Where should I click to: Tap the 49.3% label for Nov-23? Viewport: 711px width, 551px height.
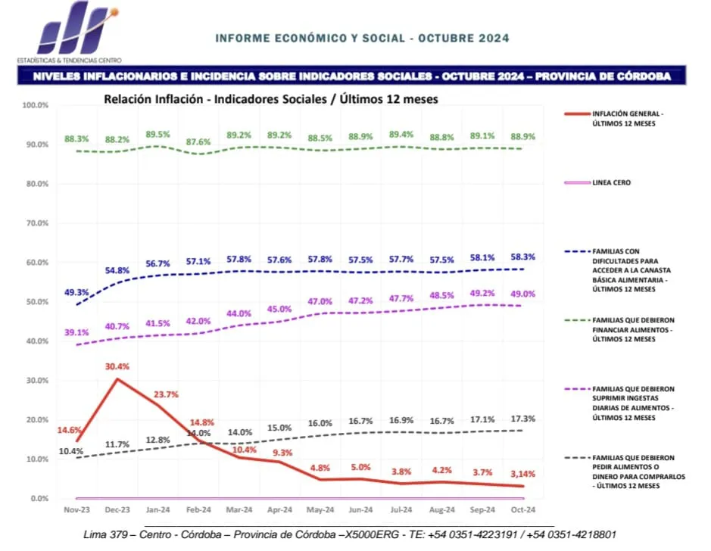tap(76, 292)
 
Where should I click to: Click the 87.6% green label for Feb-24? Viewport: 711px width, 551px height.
tap(198, 142)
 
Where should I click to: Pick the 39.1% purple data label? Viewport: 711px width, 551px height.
tap(76, 332)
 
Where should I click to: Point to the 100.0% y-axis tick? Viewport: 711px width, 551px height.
tap(36, 104)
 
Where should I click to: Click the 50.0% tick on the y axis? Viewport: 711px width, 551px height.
tap(36, 301)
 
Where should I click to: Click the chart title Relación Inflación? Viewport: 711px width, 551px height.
tap(270, 98)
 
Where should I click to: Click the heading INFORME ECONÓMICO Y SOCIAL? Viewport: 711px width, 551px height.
tap(362, 38)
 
